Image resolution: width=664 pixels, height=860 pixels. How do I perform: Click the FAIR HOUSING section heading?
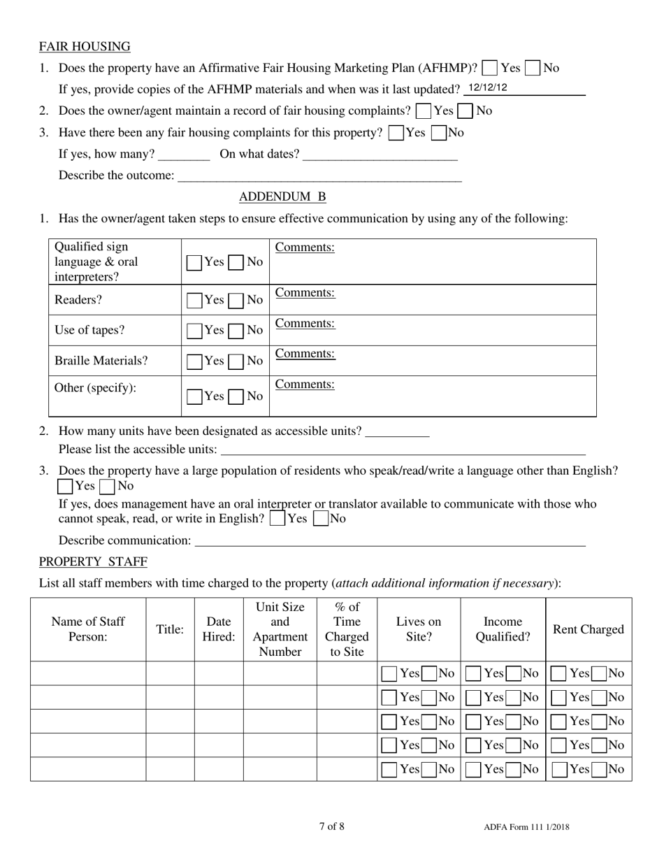[x=85, y=47]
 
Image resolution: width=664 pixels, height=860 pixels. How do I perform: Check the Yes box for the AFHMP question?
[x=491, y=69]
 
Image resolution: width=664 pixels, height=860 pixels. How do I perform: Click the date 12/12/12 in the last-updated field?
[x=488, y=88]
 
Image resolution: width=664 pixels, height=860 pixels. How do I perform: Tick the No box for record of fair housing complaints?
[x=466, y=111]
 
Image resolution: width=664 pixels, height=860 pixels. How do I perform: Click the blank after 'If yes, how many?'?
[x=184, y=155]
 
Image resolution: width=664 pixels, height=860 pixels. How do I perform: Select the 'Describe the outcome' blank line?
[x=319, y=176]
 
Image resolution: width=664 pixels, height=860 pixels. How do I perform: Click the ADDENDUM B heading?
[x=282, y=196]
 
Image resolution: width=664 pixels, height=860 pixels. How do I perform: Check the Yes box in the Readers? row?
[x=195, y=301]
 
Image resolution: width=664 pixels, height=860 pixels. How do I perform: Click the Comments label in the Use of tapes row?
[x=305, y=323]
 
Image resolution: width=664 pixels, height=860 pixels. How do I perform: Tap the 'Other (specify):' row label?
[x=96, y=387]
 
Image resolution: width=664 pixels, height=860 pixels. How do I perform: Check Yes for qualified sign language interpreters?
[x=195, y=263]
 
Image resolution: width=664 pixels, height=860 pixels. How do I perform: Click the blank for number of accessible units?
[x=397, y=431]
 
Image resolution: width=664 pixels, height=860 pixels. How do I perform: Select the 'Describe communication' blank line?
[x=389, y=540]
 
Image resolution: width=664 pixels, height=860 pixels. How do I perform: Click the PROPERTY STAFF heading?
[x=93, y=561]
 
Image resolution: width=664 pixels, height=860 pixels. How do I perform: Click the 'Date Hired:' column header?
[x=219, y=629]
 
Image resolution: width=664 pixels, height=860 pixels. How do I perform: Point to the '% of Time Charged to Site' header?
[x=347, y=629]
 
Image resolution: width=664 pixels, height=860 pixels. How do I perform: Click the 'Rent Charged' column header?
[x=588, y=629]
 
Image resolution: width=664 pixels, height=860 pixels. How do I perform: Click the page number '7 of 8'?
[x=331, y=826]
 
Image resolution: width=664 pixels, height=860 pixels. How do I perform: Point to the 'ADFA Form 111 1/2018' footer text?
[x=526, y=827]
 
